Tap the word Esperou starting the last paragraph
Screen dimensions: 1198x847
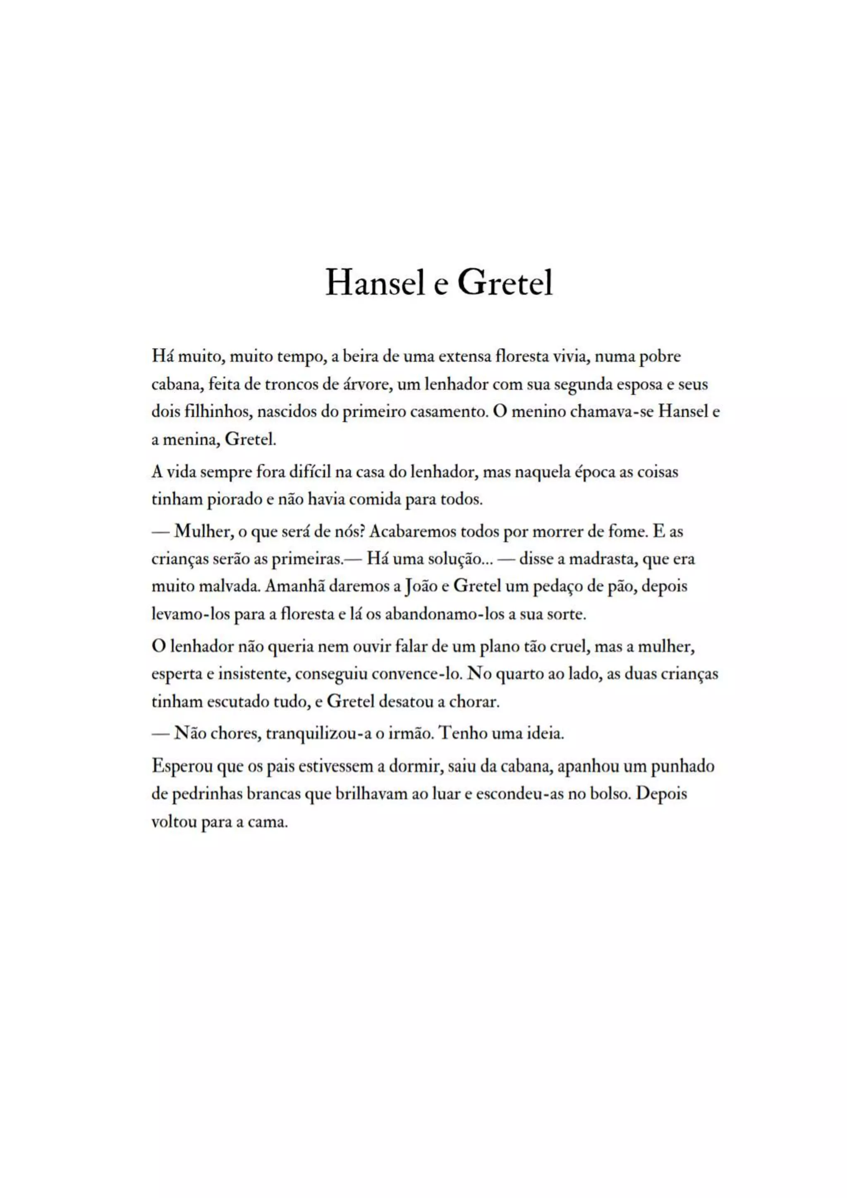182,767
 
